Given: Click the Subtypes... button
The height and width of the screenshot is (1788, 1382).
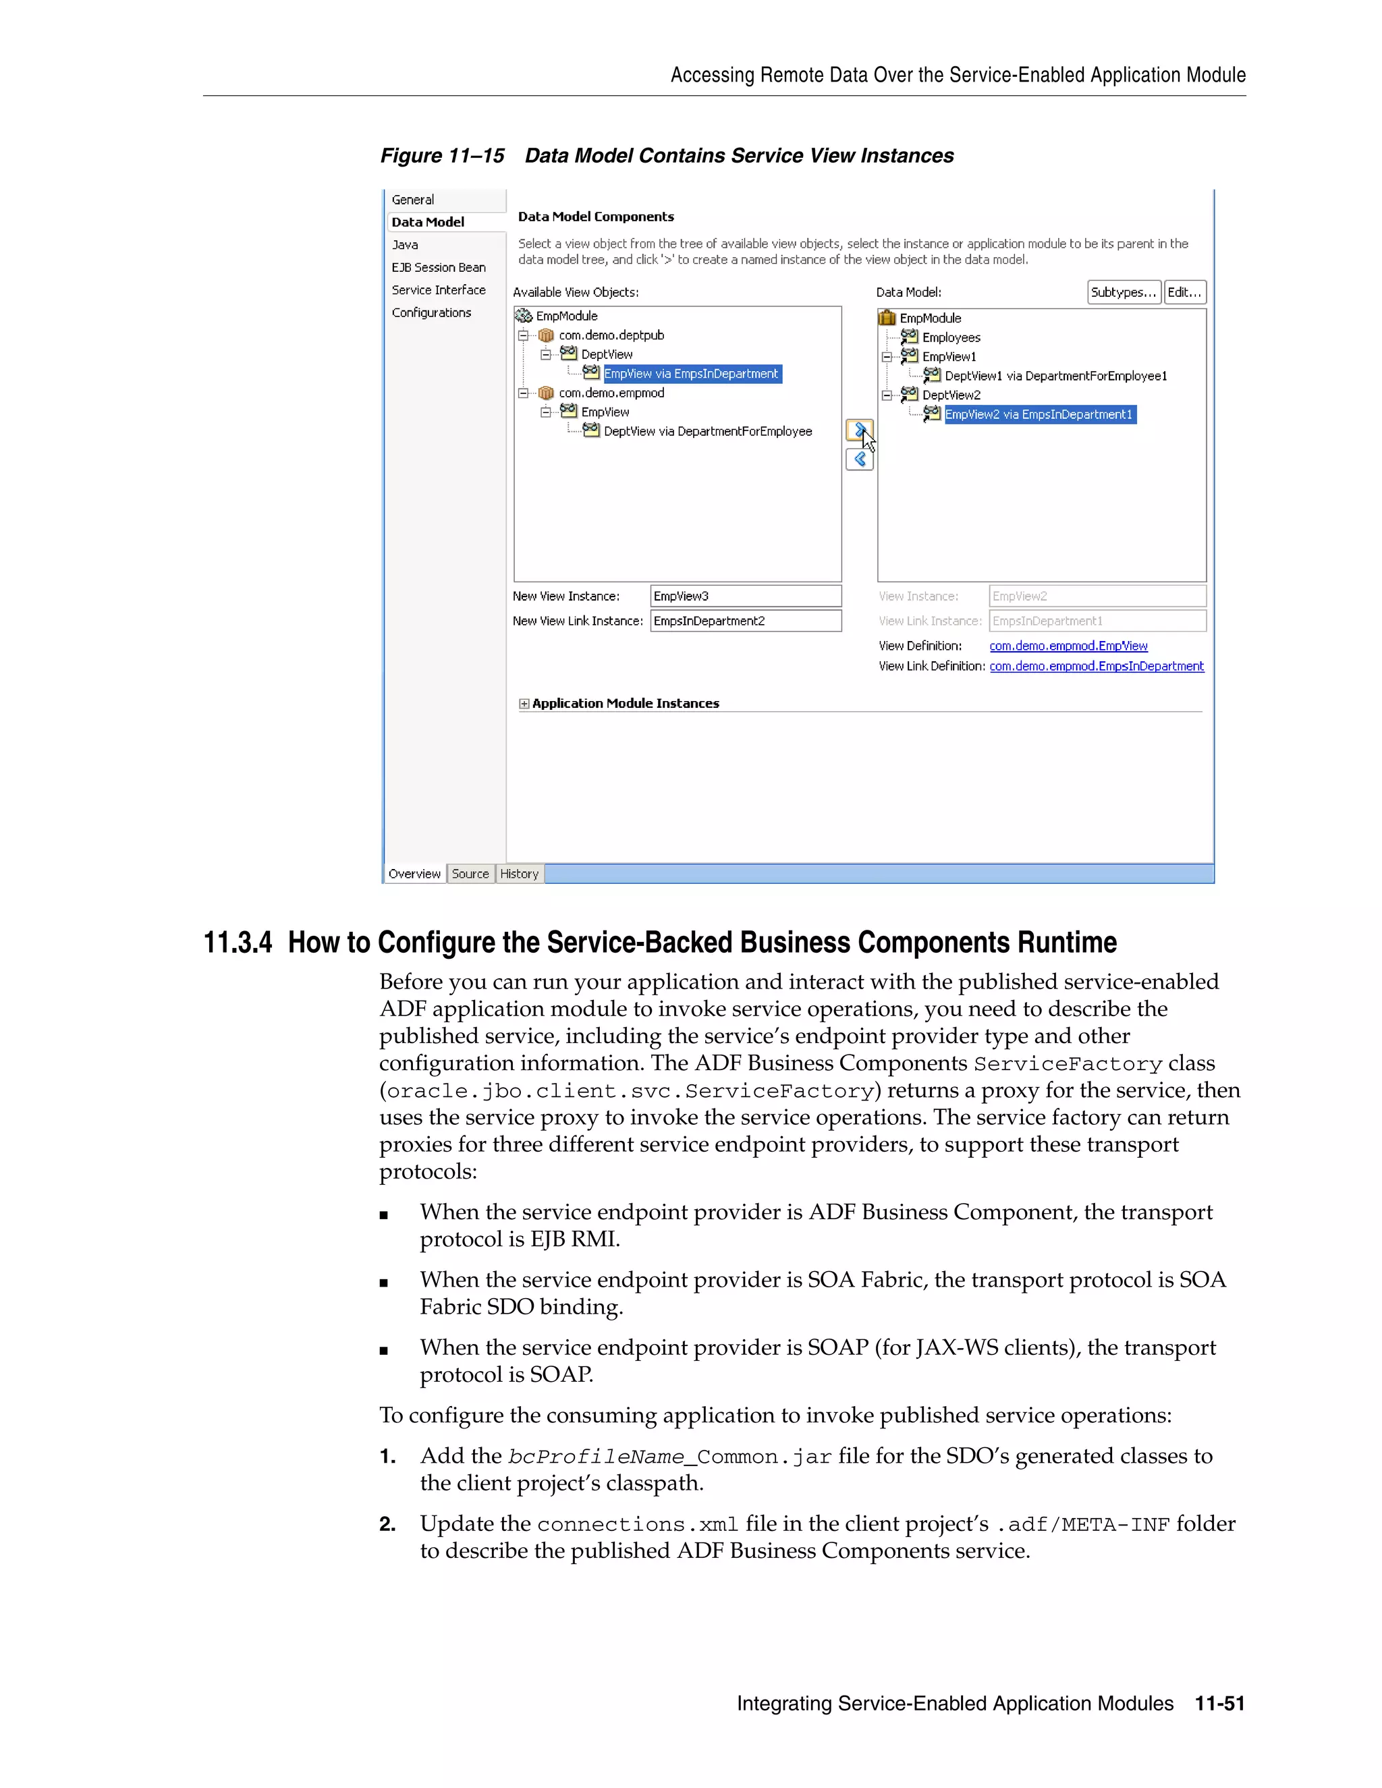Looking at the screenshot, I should pos(1124,292).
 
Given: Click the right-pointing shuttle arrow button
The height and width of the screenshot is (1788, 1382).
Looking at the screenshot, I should pos(859,430).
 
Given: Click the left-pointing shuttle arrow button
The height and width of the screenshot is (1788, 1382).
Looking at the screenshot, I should pos(859,459).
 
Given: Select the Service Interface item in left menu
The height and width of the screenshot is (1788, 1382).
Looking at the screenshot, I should pos(438,290).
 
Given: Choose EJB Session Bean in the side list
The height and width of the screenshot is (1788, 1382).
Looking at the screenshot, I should pos(438,268).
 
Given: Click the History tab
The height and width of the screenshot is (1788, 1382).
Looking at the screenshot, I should pos(519,874).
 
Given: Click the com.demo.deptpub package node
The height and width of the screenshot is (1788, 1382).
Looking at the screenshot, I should pos(611,335).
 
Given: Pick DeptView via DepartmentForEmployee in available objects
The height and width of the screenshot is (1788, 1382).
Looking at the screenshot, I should pos(707,431).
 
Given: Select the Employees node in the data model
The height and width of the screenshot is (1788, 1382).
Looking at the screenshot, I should pos(951,337).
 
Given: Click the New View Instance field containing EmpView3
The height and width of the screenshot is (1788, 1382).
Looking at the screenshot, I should pos(745,596).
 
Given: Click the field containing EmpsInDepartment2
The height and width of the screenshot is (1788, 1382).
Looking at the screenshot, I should pos(745,621).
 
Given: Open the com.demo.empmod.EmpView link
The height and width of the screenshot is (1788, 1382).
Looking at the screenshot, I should pos(1068,646).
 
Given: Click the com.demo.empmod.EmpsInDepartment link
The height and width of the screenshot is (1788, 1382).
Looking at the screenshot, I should pos(1097,667).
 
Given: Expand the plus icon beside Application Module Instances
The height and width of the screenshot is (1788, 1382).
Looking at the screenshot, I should pos(524,703).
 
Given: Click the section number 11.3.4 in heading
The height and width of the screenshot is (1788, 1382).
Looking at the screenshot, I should pos(238,943).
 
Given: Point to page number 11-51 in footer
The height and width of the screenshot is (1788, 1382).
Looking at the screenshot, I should pos(1219,1704).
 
